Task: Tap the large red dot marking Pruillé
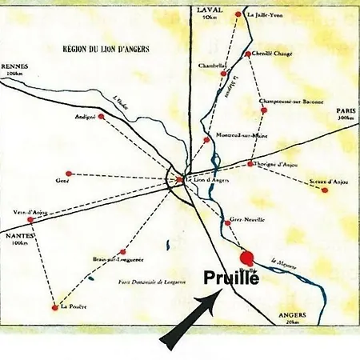click(x=247, y=258)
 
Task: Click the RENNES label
click(x=14, y=66)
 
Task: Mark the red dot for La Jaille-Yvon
click(x=238, y=14)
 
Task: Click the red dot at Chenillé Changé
click(x=248, y=54)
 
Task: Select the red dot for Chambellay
click(x=222, y=73)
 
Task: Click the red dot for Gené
click(x=69, y=173)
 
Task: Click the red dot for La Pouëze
click(x=54, y=305)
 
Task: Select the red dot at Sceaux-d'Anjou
click(x=324, y=190)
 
